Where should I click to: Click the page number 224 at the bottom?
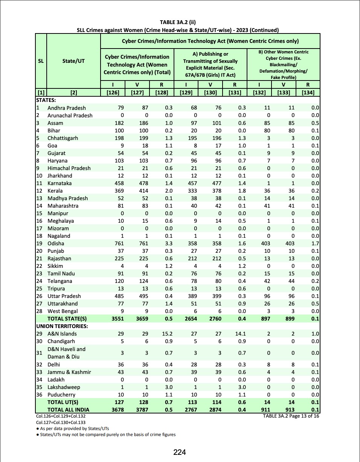(x=180, y=452)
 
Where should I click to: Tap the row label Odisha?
(x=56, y=243)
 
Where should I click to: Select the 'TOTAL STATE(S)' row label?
(x=67, y=319)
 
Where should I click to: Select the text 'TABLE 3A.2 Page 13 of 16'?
(x=291, y=416)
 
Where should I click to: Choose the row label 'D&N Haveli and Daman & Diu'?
(x=66, y=353)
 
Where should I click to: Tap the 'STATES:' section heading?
(x=46, y=100)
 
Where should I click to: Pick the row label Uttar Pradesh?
(x=64, y=296)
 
